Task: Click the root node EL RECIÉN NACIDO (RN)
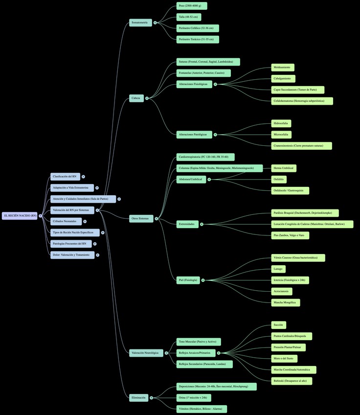click(20, 215)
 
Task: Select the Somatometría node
click(139, 23)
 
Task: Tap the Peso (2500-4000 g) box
click(192, 6)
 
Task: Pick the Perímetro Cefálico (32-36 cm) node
click(198, 28)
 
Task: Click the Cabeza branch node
click(135, 98)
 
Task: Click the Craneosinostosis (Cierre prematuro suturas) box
click(301, 146)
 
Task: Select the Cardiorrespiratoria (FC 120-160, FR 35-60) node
click(205, 157)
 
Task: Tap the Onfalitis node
click(278, 180)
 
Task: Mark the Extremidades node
click(187, 224)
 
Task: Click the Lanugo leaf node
click(278, 269)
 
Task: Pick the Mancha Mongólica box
click(286, 302)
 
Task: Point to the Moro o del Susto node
click(284, 359)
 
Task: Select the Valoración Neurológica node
click(145, 353)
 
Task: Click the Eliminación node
click(138, 397)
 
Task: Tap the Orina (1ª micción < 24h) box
click(194, 397)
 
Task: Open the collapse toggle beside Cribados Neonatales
click(85, 221)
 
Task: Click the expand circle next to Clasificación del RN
click(83, 177)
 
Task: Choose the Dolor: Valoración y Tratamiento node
click(72, 255)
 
